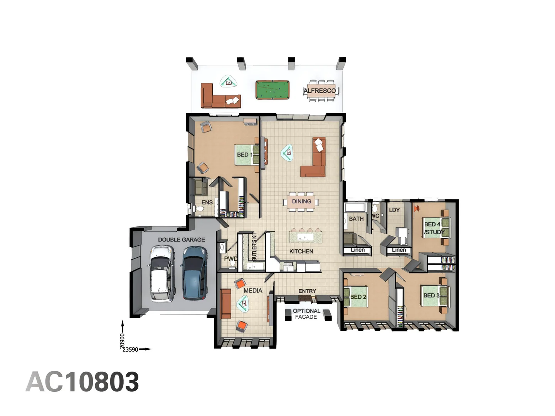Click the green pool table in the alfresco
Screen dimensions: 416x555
[272, 90]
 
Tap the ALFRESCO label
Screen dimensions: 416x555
[320, 91]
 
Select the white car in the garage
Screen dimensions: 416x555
[162, 273]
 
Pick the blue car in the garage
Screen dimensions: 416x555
[194, 273]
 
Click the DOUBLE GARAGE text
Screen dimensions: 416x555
[181, 240]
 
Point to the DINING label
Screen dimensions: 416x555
[301, 201]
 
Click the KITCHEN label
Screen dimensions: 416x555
[301, 252]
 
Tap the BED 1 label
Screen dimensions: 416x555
[244, 155]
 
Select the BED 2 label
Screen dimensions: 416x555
[358, 297]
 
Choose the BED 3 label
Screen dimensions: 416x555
[431, 295]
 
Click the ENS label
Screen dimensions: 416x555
[207, 202]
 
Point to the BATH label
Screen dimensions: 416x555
[356, 219]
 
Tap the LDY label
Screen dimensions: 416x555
[394, 210]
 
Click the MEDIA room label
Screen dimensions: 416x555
[253, 290]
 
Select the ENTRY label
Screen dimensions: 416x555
[307, 291]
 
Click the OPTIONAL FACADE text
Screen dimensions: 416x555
[306, 314]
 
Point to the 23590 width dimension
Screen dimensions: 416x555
[130, 350]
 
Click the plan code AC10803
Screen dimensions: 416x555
[82, 382]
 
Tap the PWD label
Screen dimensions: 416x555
[231, 258]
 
